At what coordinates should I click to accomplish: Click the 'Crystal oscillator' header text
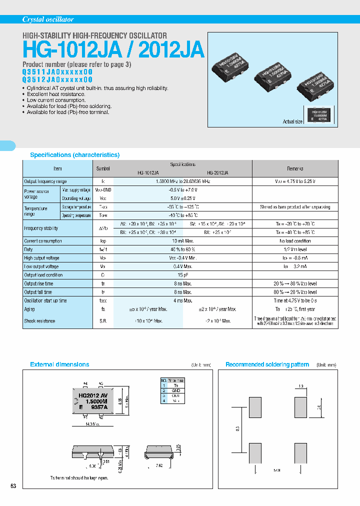[x=48, y=19]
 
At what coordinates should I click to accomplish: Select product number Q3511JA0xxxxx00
[x=57, y=71]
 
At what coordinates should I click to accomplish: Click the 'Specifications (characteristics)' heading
[x=75, y=155]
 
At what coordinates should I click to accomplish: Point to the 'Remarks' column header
[x=295, y=168]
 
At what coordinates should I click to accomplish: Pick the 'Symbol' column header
[x=103, y=168]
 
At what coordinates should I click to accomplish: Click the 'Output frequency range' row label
[x=45, y=181]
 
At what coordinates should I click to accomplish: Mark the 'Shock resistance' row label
[x=39, y=321]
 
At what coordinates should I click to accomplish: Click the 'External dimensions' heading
[x=59, y=364]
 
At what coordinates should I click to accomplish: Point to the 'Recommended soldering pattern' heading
[x=267, y=364]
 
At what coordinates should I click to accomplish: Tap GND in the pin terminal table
[x=175, y=390]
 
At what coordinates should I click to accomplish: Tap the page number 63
[x=13, y=486]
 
